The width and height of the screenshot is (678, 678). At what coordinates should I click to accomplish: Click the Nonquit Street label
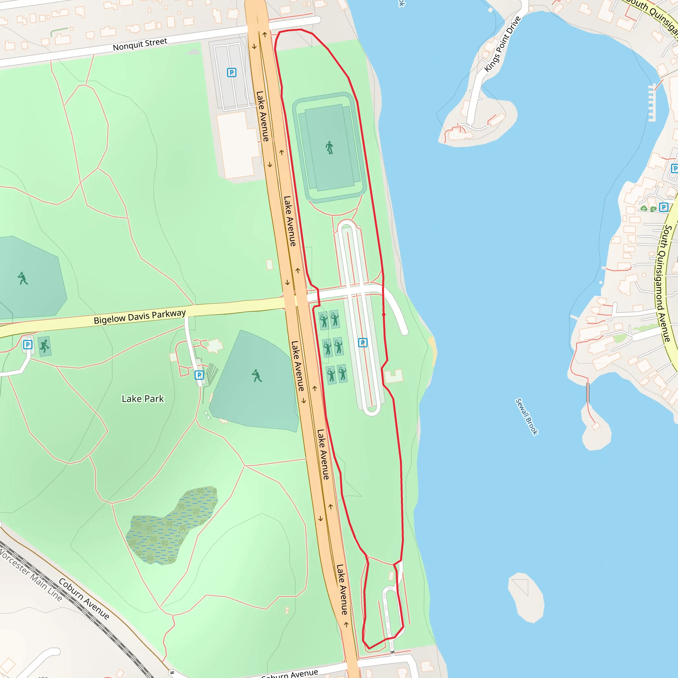pos(140,45)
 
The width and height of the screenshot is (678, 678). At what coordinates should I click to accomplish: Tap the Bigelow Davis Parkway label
pos(140,316)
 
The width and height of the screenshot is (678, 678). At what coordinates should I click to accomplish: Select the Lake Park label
pos(142,399)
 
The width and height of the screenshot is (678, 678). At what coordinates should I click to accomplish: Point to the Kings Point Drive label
pos(502,44)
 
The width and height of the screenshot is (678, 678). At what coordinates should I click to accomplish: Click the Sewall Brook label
pos(526,416)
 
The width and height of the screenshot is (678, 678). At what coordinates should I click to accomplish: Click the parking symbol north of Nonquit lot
pos(232,73)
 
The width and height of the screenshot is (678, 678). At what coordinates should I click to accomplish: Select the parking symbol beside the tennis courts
pos(363,343)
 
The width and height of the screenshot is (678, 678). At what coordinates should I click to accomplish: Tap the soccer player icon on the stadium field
pos(329,148)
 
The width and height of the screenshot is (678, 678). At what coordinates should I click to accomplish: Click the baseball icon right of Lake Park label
pos(257,376)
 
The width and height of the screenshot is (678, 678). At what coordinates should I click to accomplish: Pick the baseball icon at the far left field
pos(23,278)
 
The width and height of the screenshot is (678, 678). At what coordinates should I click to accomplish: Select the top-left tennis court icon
pos(323,320)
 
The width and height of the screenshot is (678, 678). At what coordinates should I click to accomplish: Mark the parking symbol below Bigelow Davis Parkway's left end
pos(28,345)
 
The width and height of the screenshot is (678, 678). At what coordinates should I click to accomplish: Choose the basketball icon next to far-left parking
pos(45,346)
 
